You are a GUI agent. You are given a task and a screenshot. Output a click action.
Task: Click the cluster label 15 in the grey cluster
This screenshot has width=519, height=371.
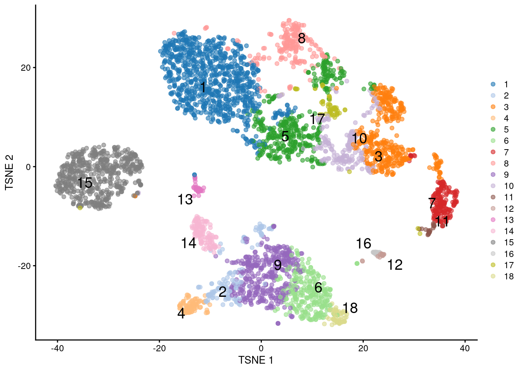click(x=85, y=183)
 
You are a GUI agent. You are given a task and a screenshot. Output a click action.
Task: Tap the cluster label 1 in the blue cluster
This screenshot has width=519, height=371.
click(x=203, y=87)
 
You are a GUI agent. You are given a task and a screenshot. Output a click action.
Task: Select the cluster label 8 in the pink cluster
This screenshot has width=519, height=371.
click(x=302, y=38)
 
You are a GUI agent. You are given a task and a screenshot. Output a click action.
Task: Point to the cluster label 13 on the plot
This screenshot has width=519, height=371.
click(x=185, y=199)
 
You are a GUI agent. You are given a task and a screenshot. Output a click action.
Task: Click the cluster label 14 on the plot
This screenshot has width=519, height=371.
click(x=188, y=243)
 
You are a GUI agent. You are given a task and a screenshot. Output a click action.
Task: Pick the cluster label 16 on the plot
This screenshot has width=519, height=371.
click(x=363, y=243)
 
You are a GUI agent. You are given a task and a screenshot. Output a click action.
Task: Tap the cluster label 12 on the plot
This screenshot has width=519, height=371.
click(x=395, y=265)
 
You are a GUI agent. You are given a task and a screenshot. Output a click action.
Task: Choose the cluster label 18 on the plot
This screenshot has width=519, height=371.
click(x=350, y=308)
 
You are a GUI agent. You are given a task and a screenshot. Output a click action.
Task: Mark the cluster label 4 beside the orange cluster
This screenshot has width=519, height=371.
click(x=181, y=313)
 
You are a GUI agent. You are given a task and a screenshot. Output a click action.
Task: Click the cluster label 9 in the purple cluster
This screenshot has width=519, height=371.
click(x=278, y=265)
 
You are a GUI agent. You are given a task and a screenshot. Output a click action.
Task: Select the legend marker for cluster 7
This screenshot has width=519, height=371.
click(x=493, y=152)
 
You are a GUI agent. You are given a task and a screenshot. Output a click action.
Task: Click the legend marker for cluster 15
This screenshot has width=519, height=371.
click(x=493, y=242)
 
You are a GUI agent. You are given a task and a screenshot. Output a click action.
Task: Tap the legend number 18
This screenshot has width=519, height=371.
click(x=509, y=276)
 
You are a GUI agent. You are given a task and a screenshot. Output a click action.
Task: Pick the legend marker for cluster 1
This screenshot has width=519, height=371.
click(x=493, y=84)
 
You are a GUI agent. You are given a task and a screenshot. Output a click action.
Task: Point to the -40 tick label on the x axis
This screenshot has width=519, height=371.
click(x=57, y=348)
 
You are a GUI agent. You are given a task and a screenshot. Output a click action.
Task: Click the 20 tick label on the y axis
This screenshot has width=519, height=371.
click(x=25, y=68)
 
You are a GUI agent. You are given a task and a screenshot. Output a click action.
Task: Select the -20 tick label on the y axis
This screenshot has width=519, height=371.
click(x=24, y=266)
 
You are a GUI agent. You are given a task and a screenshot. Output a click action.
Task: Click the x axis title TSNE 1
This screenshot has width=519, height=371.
click(x=256, y=360)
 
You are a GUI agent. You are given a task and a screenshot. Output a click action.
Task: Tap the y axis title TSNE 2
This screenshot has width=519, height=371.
click(x=9, y=172)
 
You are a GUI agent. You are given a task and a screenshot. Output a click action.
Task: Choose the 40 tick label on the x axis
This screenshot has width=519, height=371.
click(x=465, y=348)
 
